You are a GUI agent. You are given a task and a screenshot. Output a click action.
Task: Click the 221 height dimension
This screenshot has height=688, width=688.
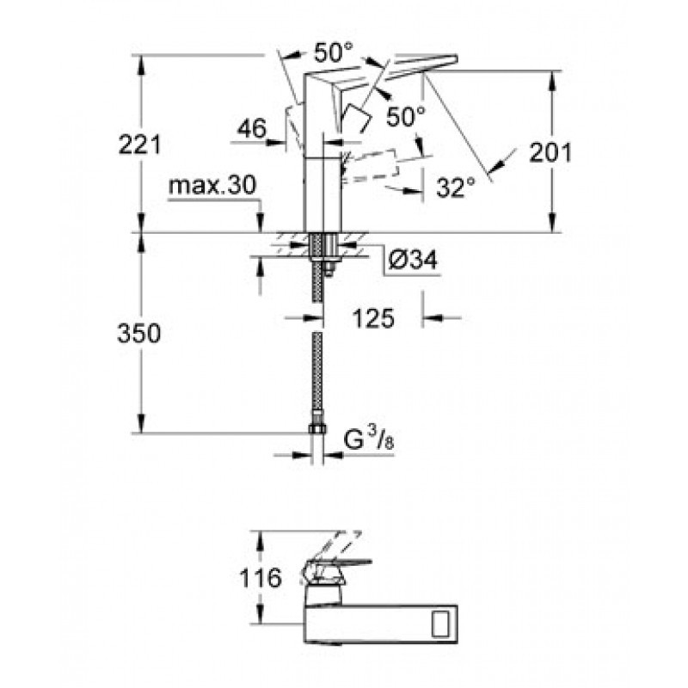140,144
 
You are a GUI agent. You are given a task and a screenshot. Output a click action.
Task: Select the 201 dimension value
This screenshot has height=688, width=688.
550,153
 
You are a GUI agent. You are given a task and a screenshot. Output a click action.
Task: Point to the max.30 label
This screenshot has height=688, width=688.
212,186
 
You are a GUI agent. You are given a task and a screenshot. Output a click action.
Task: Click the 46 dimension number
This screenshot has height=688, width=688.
252,129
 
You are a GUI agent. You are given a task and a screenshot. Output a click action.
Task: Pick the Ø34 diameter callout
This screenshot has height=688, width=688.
413,261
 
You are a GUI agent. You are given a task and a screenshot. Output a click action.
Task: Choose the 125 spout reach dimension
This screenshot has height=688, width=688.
373,318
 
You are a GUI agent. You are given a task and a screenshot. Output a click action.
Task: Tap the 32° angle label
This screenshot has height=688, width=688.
456,187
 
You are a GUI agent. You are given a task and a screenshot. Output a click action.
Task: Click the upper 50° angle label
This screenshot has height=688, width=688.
334,52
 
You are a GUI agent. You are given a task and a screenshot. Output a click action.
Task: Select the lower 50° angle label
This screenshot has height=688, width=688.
406,116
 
